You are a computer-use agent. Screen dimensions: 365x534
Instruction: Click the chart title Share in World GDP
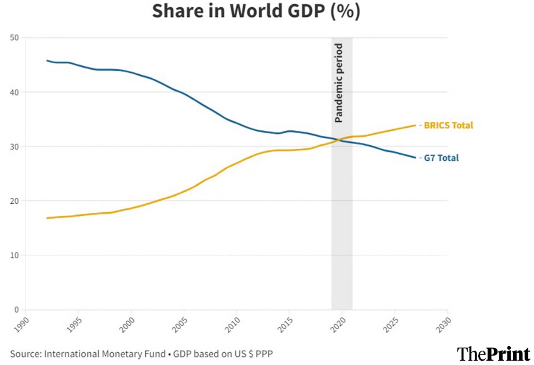point(256,11)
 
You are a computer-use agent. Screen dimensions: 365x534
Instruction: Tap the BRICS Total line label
point(448,125)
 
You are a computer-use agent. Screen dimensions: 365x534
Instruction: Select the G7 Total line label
point(441,158)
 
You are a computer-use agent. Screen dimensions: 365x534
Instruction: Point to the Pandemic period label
point(339,83)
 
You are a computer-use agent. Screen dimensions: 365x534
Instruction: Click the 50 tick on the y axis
point(14,38)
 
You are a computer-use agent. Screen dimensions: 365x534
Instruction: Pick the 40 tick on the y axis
point(14,92)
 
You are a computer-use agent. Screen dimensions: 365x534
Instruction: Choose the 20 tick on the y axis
point(14,201)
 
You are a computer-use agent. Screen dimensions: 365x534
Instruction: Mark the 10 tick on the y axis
point(14,255)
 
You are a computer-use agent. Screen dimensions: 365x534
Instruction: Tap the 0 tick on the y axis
point(16,310)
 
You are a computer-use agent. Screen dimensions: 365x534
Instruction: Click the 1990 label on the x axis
point(22,324)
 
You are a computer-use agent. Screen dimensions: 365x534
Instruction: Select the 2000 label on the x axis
point(127,324)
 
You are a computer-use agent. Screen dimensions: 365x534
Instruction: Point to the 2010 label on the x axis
point(233,324)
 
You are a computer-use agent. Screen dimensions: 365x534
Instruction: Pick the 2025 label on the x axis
point(391,324)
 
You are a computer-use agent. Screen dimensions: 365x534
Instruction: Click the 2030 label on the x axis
point(444,324)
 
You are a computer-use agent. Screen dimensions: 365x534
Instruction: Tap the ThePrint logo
point(493,354)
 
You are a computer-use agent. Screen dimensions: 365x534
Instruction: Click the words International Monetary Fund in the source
point(105,354)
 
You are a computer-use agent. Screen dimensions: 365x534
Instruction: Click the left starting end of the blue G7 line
point(47,60)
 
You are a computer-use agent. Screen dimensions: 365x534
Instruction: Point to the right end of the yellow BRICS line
point(415,125)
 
